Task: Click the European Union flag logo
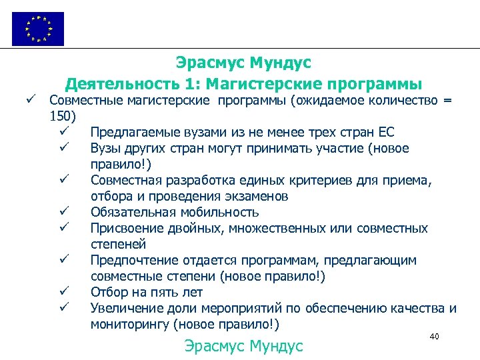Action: [38, 29]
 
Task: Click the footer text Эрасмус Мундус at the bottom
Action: [243, 346]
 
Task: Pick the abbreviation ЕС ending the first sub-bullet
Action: [386, 132]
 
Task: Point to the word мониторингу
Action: [129, 325]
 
